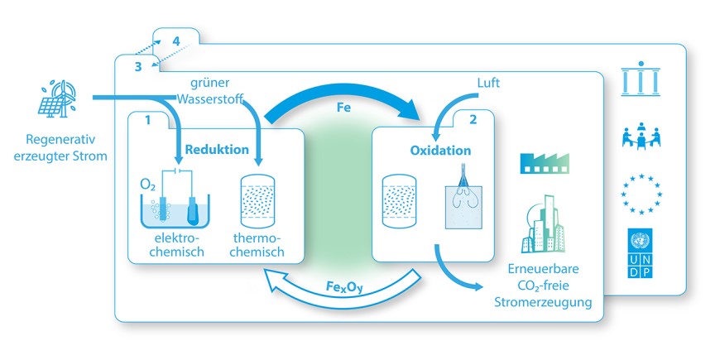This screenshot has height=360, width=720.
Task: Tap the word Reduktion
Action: pyautogui.click(x=217, y=150)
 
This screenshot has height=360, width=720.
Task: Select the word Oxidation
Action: pyautogui.click(x=440, y=151)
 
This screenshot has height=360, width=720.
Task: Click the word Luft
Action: pyautogui.click(x=489, y=84)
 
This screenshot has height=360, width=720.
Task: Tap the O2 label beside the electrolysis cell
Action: pyautogui.click(x=146, y=182)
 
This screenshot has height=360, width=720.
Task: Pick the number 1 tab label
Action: pyautogui.click(x=147, y=120)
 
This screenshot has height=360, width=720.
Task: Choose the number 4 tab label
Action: pyautogui.click(x=175, y=41)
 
